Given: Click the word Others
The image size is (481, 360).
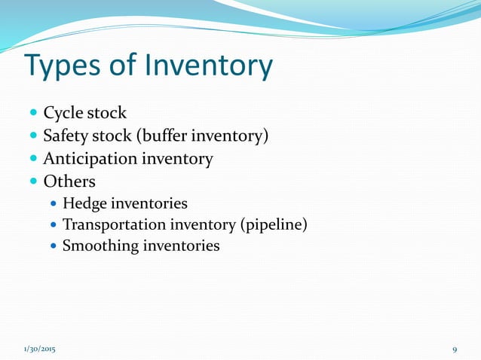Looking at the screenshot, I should click(x=69, y=182).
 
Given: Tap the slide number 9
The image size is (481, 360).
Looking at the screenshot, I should click(x=455, y=350).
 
